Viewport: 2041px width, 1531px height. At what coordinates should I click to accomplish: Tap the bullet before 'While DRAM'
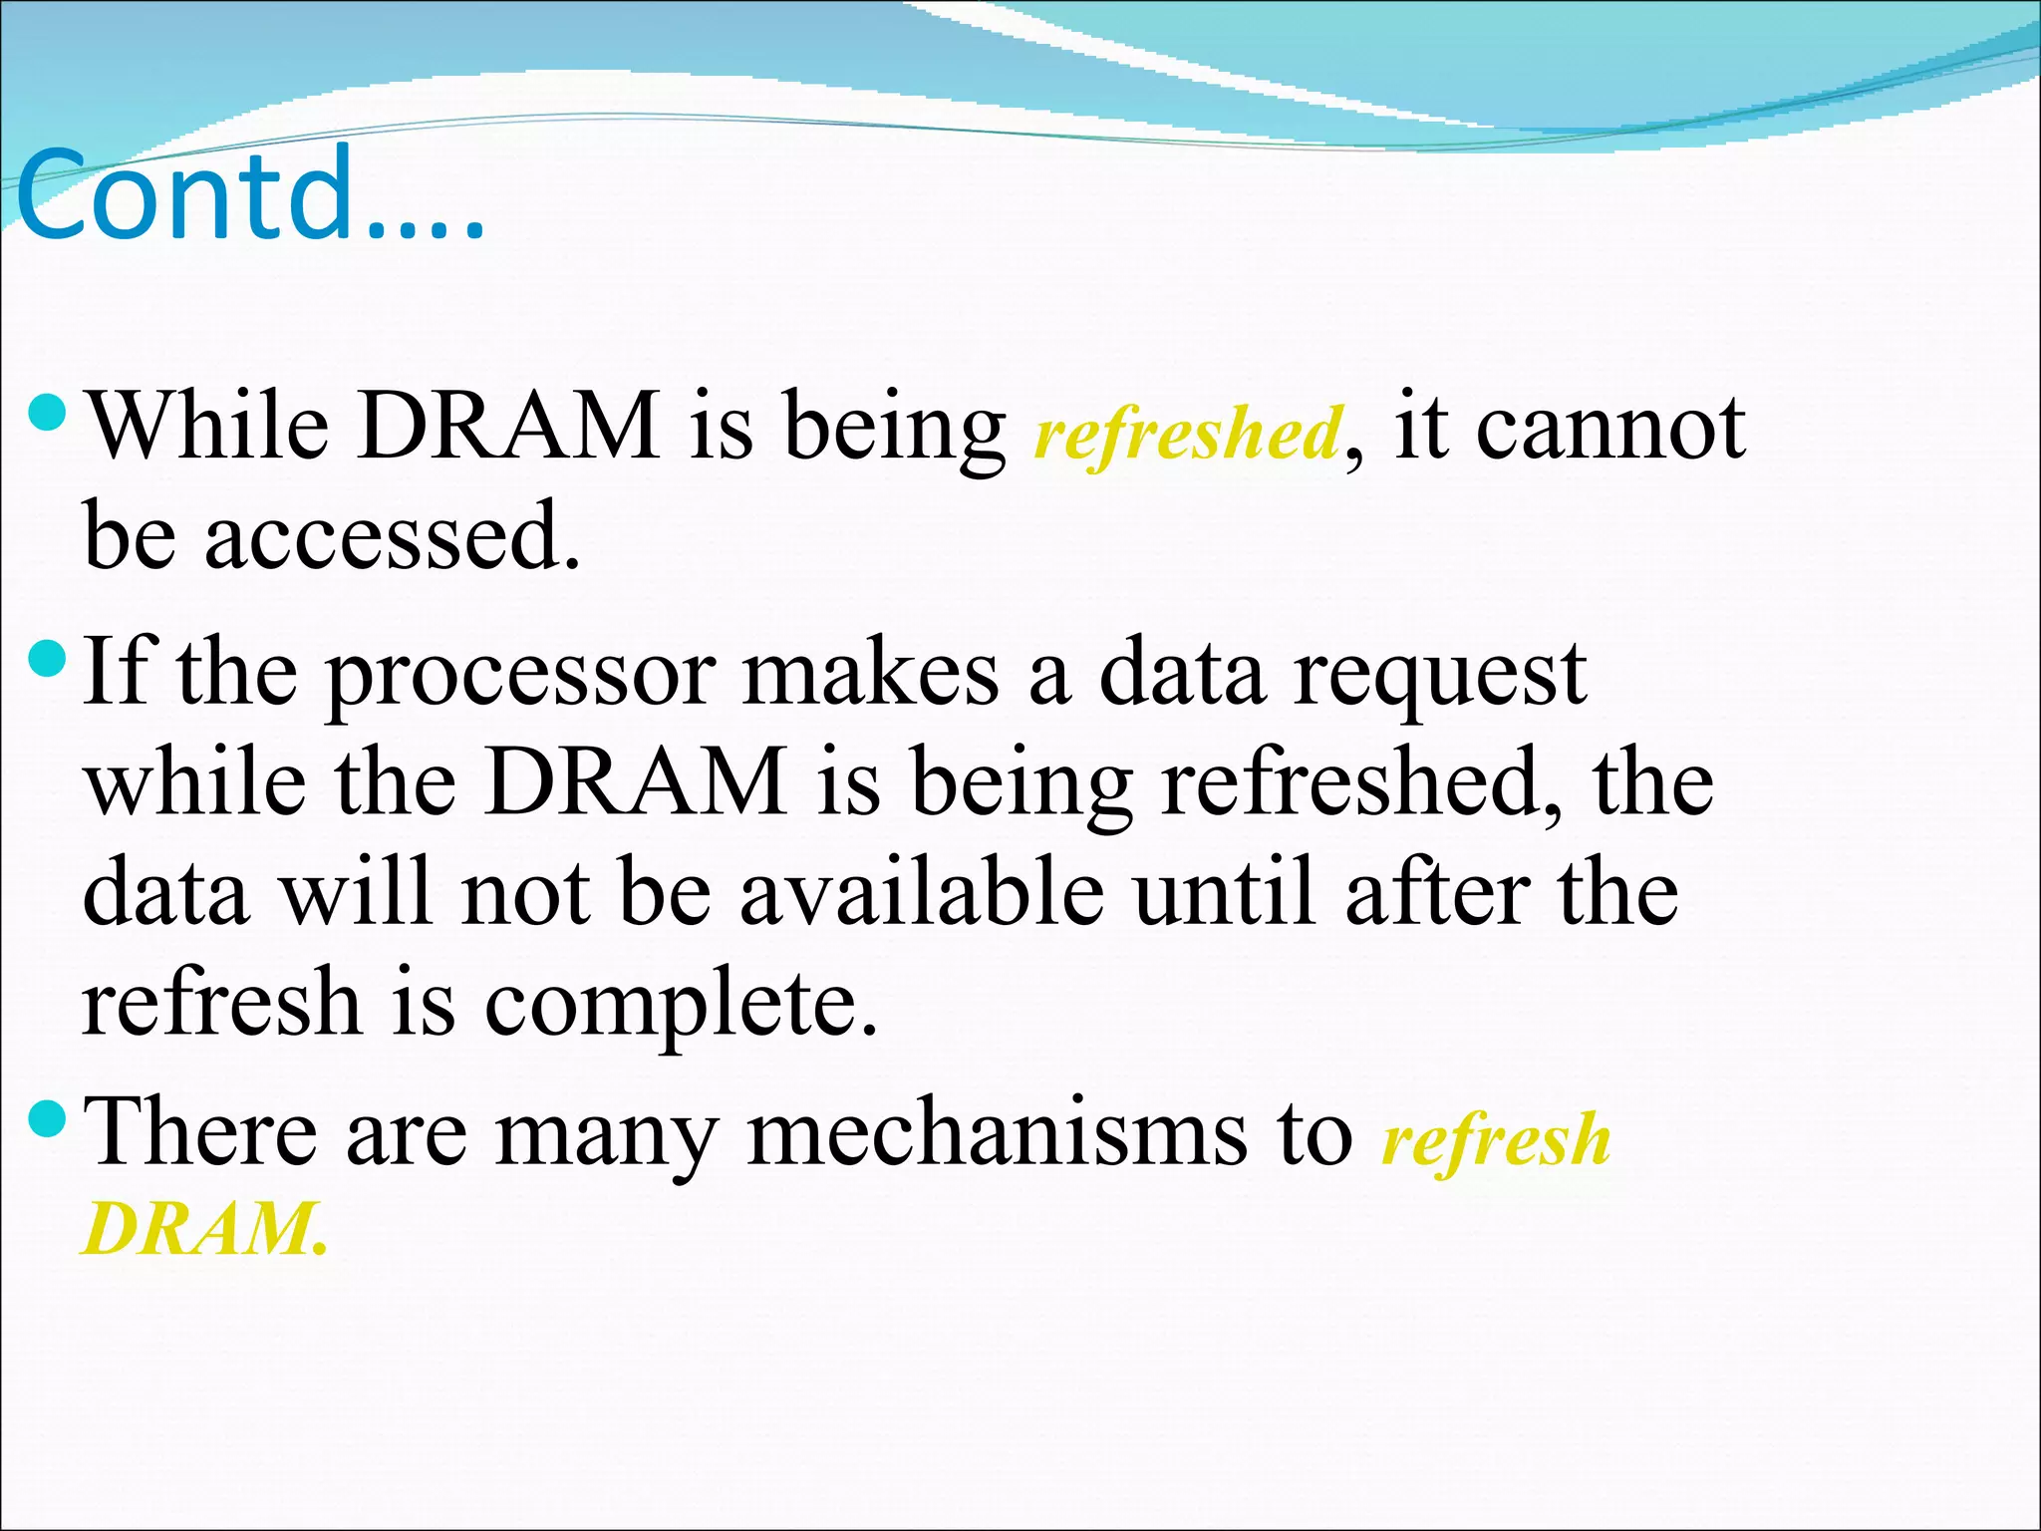pyautogui.click(x=48, y=410)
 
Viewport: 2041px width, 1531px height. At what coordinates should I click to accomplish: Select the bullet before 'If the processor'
pyautogui.click(x=48, y=657)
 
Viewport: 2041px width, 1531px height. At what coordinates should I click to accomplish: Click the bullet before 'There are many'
pyautogui.click(x=48, y=1118)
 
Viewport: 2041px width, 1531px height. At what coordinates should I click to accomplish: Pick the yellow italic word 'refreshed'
pyautogui.click(x=1188, y=435)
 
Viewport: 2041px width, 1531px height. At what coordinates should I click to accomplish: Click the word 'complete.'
pyautogui.click(x=682, y=1005)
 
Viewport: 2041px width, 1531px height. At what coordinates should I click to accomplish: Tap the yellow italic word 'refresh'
pyautogui.click(x=1495, y=1140)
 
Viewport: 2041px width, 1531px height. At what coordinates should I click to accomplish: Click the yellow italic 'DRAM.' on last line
pyautogui.click(x=204, y=1229)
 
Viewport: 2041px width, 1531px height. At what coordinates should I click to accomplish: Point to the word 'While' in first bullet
pyautogui.click(x=209, y=427)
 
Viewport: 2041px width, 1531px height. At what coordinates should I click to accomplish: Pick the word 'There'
pyautogui.click(x=199, y=1131)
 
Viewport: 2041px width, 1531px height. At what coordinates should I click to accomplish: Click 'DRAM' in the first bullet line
pyautogui.click(x=508, y=427)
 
